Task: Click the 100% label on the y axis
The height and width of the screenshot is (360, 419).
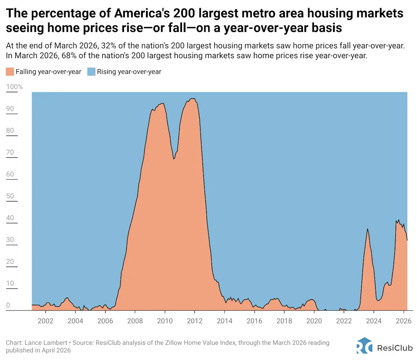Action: coord(15,87)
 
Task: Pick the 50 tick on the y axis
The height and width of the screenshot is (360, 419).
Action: coord(11,196)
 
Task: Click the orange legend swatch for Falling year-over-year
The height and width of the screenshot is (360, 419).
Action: coord(10,72)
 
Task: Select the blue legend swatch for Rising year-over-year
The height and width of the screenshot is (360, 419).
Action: coord(91,72)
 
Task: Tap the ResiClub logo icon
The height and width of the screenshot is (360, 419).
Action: coord(364,345)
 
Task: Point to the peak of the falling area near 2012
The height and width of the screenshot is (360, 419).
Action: coord(192,99)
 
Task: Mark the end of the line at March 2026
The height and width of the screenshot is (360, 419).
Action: coord(407,240)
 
